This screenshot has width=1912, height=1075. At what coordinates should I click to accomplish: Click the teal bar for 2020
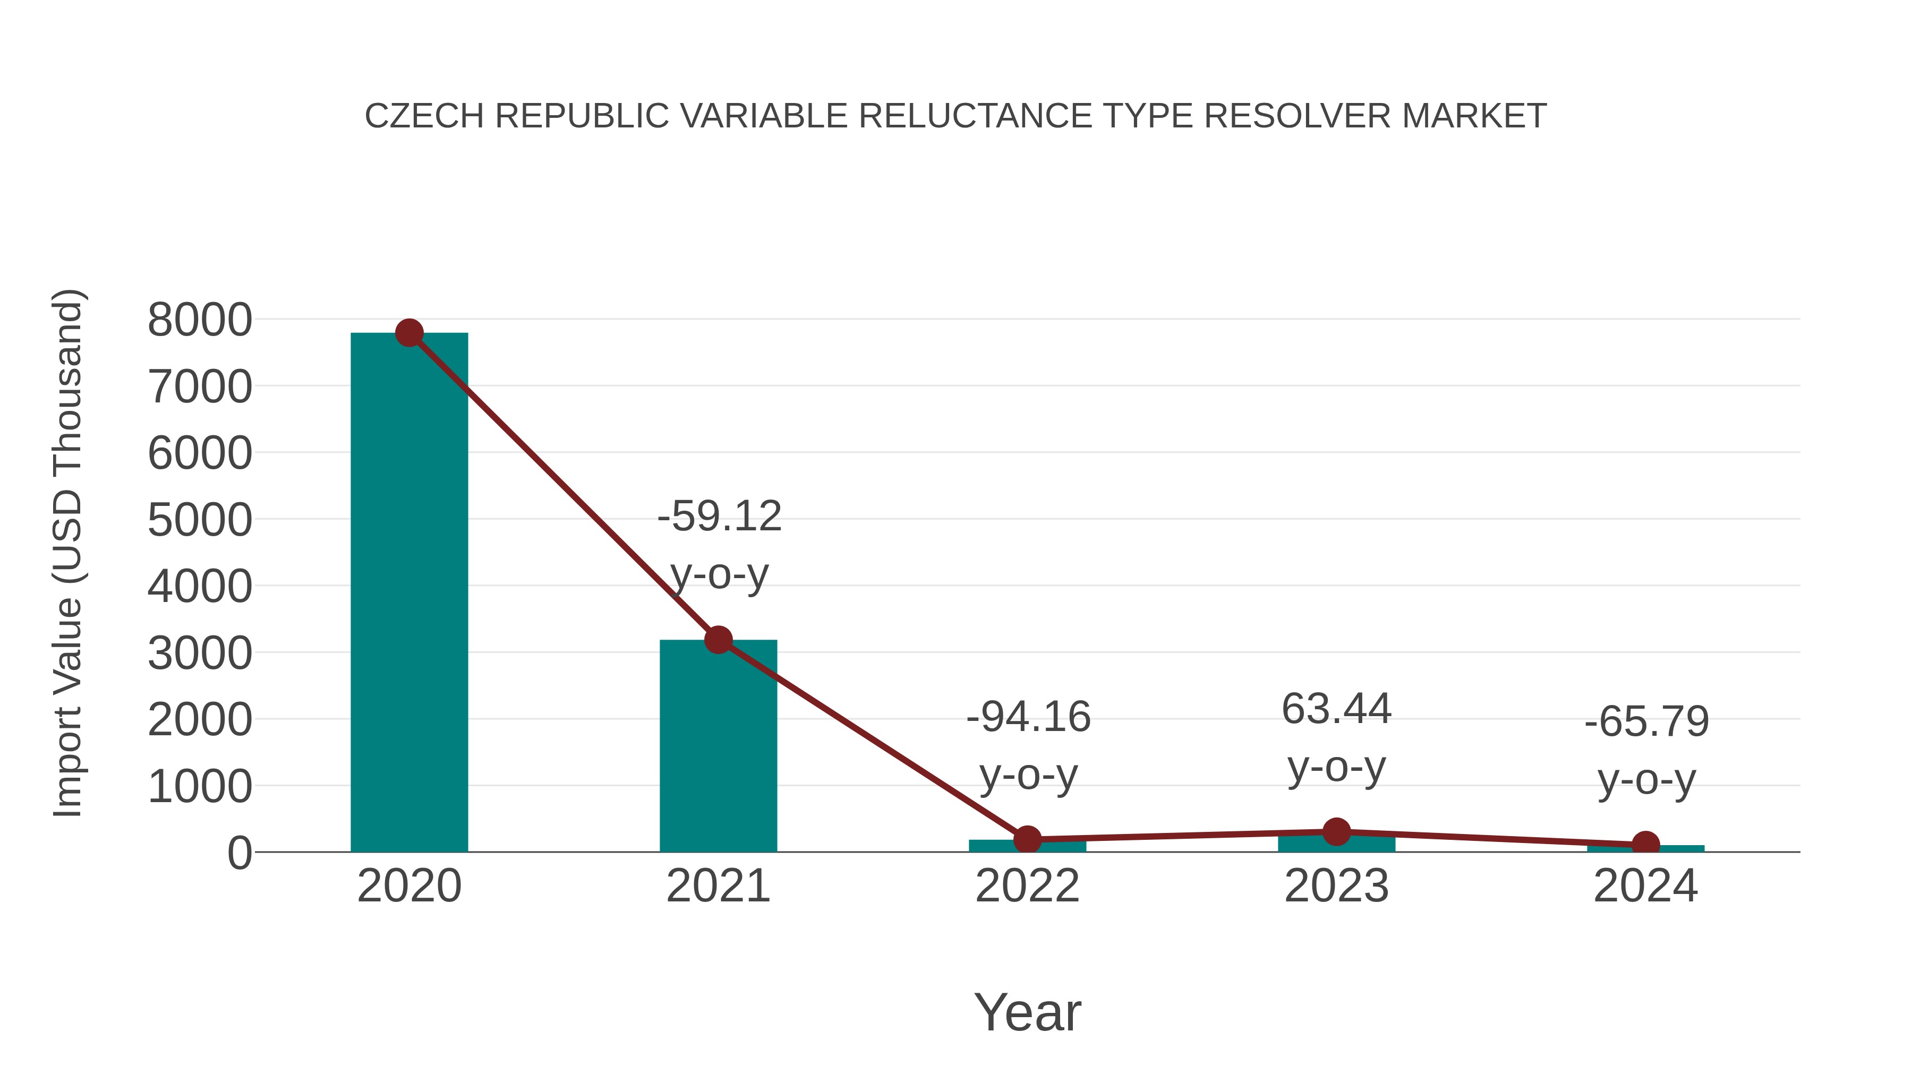point(409,594)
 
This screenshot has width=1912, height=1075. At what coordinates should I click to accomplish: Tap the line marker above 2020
point(409,333)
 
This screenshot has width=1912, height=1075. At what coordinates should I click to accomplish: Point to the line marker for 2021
point(718,640)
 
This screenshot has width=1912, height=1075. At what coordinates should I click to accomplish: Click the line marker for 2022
point(1027,840)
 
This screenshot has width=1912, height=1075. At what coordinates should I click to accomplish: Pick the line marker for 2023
point(1336,832)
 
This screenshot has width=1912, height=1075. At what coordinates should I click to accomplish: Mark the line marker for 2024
point(1645,844)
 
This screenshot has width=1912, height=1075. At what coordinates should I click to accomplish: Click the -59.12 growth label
point(719,517)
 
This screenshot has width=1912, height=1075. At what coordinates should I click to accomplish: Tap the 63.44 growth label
point(1336,709)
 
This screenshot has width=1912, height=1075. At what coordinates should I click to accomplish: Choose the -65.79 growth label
point(1646,723)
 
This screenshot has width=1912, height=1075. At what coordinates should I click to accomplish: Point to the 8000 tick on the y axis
point(200,321)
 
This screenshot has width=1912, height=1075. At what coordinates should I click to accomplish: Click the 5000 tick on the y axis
point(200,520)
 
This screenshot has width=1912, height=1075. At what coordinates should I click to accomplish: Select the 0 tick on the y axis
point(239,853)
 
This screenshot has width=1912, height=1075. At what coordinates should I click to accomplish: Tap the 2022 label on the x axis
point(1027,887)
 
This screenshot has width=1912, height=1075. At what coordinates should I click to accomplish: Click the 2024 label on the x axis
point(1645,887)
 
